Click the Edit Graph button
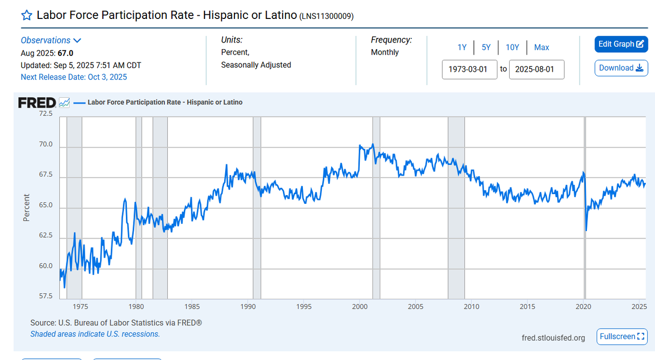pos(621,44)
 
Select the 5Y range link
pos(486,48)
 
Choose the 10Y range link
pos(512,48)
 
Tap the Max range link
pos(541,48)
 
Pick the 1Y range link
pos(462,48)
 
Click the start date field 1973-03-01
pos(469,69)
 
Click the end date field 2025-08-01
pos(536,69)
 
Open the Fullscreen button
pos(621,336)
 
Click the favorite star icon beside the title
pos(27,15)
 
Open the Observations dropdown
pos(51,40)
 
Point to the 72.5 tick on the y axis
pos(46,114)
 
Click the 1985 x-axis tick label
pos(192,307)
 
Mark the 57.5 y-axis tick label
pos(46,297)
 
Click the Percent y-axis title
pos(27,207)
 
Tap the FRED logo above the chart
pos(37,103)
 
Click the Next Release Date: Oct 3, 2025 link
pos(74,77)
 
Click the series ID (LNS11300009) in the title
pos(326,16)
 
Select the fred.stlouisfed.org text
pos(553,338)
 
